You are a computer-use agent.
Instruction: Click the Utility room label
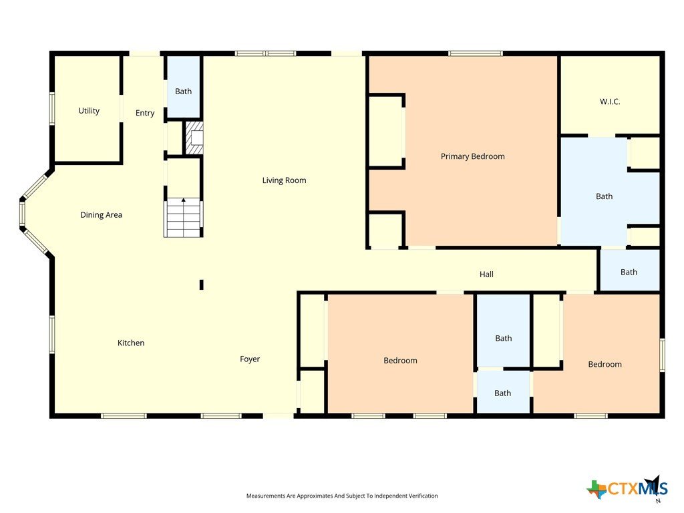(89, 111)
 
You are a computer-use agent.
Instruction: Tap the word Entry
(145, 113)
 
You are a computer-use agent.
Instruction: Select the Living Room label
(284, 180)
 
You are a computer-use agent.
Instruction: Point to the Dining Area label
(102, 214)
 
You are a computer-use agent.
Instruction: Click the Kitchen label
(131, 343)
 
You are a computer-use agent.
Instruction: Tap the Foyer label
(250, 359)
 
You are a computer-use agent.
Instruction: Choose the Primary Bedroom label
(472, 156)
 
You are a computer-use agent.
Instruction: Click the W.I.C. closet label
(610, 102)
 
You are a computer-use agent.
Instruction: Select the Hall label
(486, 274)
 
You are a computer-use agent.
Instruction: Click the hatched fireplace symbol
(194, 138)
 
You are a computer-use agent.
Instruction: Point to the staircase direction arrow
(184, 200)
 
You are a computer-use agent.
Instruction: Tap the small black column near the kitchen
(202, 285)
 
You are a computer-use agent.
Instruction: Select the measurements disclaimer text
(342, 496)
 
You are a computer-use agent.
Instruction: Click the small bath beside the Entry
(183, 86)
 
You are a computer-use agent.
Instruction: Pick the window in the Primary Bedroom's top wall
(476, 53)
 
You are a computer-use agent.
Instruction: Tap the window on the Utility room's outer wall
(52, 109)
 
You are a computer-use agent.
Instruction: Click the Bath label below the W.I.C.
(604, 196)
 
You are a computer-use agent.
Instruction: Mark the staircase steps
(183, 218)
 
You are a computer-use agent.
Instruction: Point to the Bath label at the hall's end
(629, 273)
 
